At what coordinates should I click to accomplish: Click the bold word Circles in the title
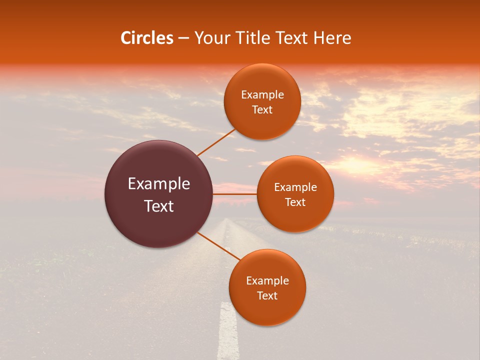[147, 38]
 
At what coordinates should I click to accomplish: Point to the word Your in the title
[210, 38]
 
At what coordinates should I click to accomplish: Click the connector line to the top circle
[216, 142]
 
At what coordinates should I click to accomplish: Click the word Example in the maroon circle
[159, 184]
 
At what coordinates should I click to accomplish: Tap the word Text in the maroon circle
[159, 206]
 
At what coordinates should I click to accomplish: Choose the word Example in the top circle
[262, 95]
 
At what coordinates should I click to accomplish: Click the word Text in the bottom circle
[267, 295]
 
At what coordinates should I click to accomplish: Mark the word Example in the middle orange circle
[295, 187]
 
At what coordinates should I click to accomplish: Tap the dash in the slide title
[183, 38]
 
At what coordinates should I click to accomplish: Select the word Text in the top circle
[262, 110]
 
